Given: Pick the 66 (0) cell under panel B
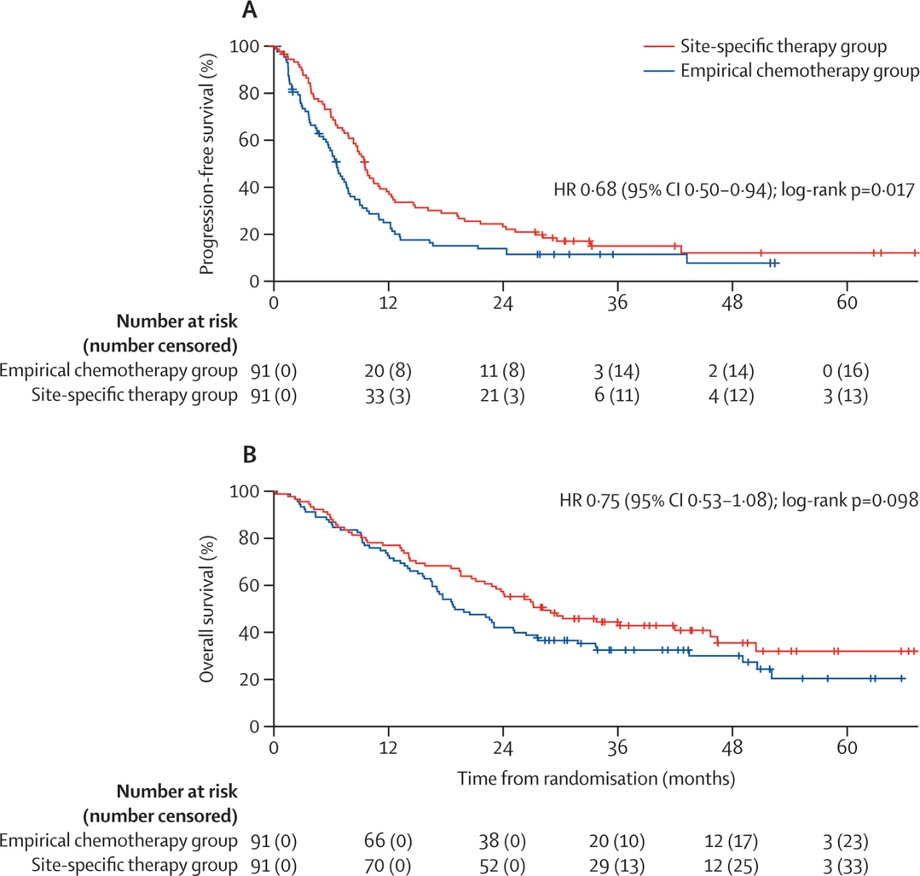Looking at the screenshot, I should pyautogui.click(x=388, y=841).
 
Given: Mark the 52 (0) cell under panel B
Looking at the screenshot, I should pyautogui.click(x=502, y=866).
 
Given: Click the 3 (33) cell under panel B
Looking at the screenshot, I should pyautogui.click(x=847, y=866).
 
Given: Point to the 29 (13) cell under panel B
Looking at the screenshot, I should pyautogui.click(x=617, y=866).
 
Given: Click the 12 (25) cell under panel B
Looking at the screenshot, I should pyautogui.click(x=732, y=866).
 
